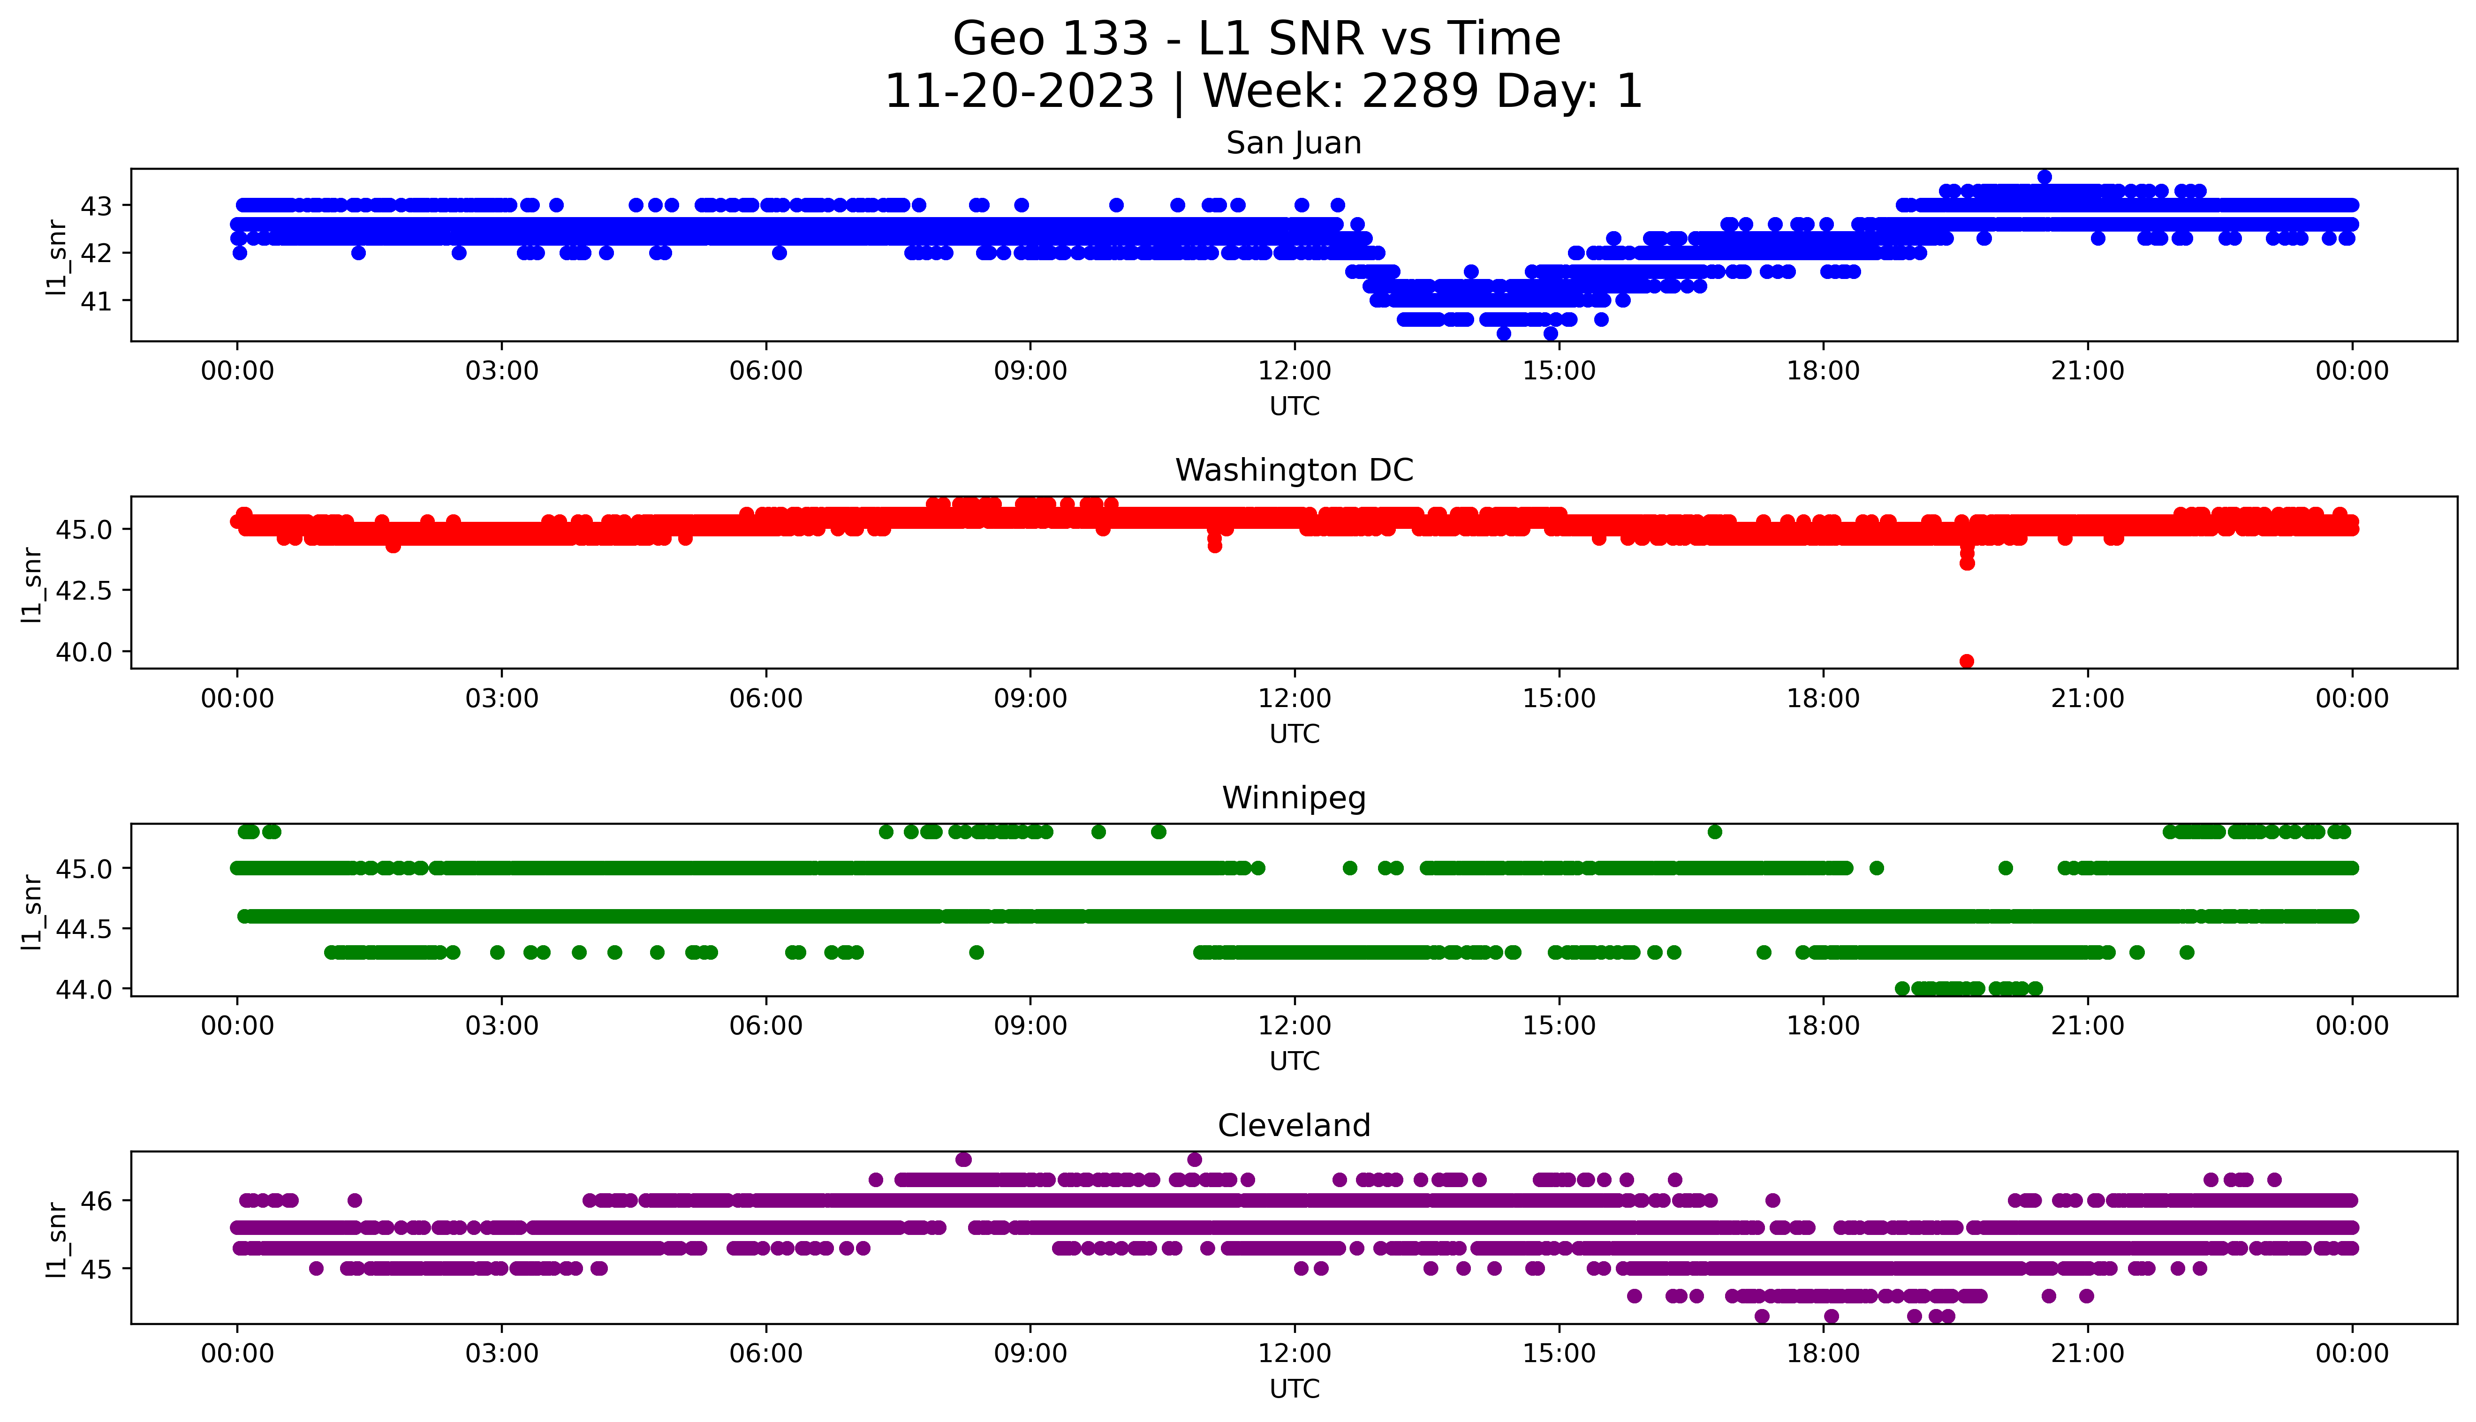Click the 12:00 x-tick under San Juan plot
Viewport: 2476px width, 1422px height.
click(x=1294, y=371)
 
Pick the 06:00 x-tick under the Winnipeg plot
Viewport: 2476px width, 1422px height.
click(x=766, y=1025)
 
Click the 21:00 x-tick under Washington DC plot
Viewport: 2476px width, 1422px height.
click(x=2087, y=698)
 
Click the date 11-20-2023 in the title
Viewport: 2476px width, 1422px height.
click(x=1019, y=92)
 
